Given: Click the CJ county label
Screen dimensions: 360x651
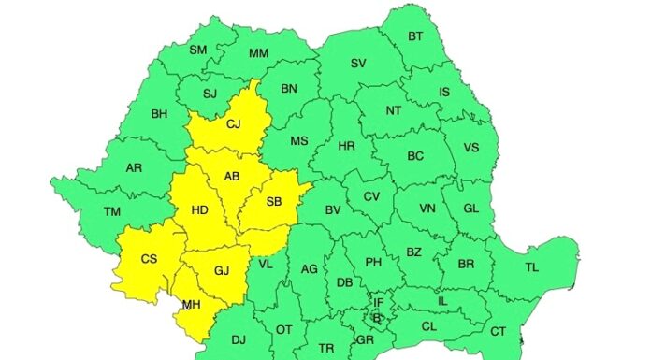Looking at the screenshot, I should (234, 123).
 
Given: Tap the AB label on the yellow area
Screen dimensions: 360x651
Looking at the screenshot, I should (232, 177).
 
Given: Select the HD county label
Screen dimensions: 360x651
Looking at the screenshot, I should (199, 210).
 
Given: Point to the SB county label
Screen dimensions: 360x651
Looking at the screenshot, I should (274, 202).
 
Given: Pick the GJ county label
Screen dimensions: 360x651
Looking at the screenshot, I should (222, 271).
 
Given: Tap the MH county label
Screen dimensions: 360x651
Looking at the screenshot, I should (191, 304).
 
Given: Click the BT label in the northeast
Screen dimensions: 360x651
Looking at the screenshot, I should (416, 36).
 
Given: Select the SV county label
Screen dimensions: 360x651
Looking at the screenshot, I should (358, 64).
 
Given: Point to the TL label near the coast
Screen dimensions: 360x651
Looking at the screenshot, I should (531, 267).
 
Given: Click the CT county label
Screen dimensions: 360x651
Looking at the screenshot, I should (498, 331).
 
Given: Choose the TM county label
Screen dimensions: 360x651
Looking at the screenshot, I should (113, 212).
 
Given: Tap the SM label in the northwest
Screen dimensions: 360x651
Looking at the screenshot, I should (198, 50).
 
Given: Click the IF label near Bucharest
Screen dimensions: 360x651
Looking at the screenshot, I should (379, 302).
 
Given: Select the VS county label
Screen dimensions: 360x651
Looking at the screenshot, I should (470, 148).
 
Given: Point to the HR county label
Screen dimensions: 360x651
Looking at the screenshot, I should (346, 147).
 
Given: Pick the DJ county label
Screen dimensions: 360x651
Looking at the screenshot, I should (239, 339).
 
